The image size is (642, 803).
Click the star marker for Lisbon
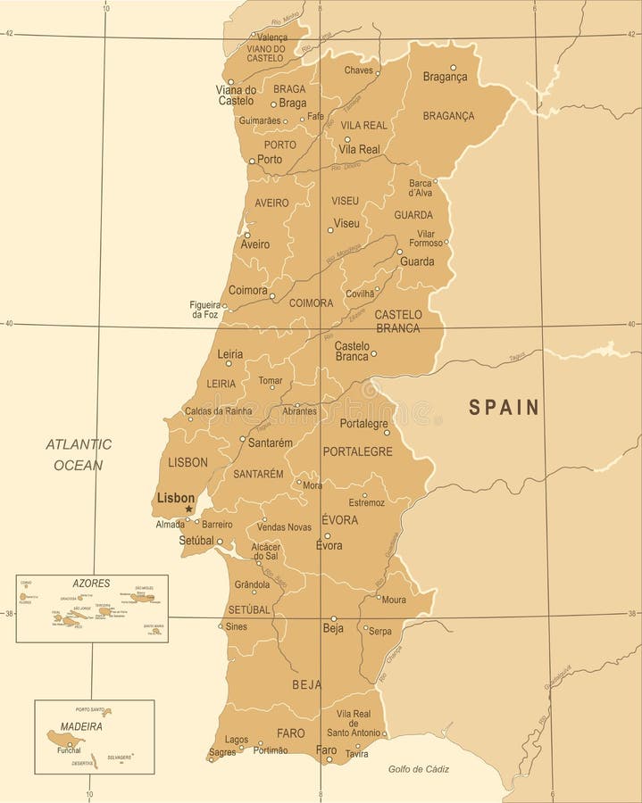[188, 509]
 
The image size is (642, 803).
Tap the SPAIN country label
[504, 408]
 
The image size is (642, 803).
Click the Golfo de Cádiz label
[419, 769]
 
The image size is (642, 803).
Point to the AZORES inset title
[92, 583]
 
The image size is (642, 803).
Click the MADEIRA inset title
[82, 726]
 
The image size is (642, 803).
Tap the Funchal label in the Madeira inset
[69, 750]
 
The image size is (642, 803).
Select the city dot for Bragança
[453, 67]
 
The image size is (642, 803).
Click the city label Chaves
[358, 70]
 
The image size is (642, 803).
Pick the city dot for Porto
[252, 161]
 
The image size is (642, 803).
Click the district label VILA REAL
[363, 126]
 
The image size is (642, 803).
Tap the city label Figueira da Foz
[204, 310]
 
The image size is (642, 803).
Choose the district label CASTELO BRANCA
[398, 320]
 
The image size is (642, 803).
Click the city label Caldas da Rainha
[219, 410]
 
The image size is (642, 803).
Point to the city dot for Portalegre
[387, 433]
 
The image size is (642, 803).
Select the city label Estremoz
[366, 502]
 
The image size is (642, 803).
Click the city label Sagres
[221, 753]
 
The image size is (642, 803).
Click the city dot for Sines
[221, 626]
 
